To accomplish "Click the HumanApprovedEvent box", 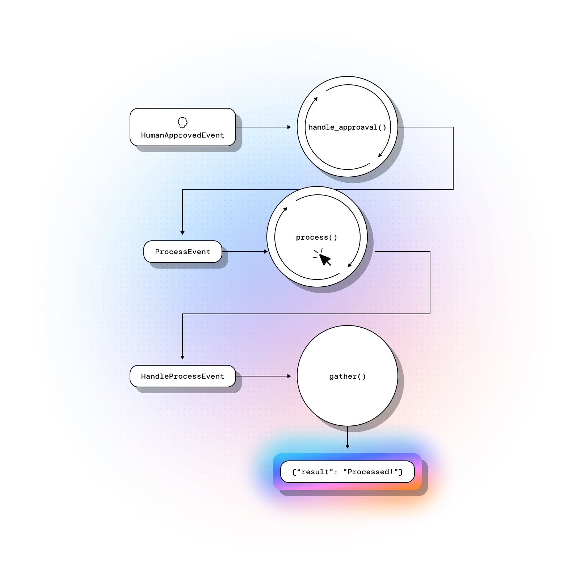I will [182, 127].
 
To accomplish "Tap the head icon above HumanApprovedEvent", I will [183, 122].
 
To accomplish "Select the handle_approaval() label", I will [347, 127].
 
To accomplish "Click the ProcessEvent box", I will [182, 252].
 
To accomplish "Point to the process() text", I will [316, 237].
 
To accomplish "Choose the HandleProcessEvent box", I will [182, 376].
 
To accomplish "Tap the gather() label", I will [347, 376].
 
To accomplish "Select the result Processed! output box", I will [347, 472].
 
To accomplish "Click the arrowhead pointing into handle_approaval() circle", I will [289, 127].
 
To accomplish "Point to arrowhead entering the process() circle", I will [266, 252].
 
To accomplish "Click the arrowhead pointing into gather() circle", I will [289, 376].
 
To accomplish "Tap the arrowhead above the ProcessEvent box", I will [182, 233].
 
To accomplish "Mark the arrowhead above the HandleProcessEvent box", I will [182, 357].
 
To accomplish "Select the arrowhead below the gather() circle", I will [348, 446].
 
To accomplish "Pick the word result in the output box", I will [315, 472].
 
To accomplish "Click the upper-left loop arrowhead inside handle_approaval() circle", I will [316, 99].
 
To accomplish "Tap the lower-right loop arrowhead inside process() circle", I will [350, 265].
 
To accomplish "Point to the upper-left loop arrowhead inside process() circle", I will [286, 209].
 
